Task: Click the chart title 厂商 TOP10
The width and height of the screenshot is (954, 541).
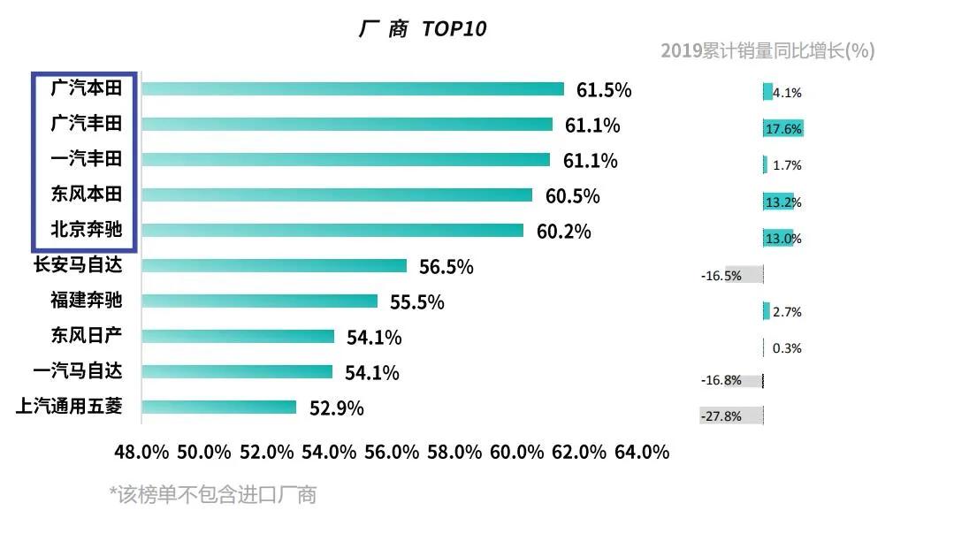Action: coord(423,28)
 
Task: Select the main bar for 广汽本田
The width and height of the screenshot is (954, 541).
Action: coord(353,88)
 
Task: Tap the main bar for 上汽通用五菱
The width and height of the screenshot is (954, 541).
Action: coord(218,407)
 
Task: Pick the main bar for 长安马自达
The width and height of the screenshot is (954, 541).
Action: coord(274,265)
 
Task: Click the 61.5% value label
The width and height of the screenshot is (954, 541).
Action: coord(604,90)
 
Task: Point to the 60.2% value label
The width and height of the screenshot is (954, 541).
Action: coord(563,232)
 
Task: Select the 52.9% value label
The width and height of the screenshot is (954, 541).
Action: coord(336,408)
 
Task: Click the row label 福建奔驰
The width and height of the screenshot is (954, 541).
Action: coord(86,301)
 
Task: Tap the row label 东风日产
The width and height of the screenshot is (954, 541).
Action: coord(86,336)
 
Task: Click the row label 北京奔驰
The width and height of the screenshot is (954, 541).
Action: coord(86,230)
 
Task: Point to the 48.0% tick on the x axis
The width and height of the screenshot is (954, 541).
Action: coord(141,452)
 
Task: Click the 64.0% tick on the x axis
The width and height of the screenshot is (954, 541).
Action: coord(643,452)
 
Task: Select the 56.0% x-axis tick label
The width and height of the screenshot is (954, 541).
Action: coord(392,452)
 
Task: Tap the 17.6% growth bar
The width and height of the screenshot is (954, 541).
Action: coord(782,129)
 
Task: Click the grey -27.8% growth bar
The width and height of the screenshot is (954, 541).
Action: coord(731,415)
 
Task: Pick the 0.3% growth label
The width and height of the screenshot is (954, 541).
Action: coord(787,348)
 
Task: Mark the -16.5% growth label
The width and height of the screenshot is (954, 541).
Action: coord(721,276)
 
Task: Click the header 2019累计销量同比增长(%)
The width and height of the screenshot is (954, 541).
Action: coord(767,51)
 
